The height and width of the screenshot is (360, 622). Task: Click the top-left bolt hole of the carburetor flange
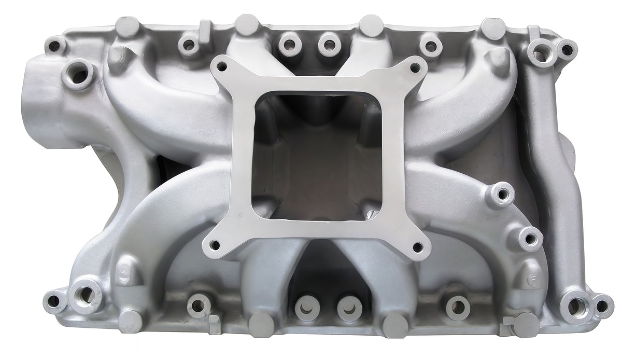pyautogui.click(x=222, y=66)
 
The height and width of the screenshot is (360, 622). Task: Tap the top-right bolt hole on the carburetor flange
pyautogui.click(x=415, y=67)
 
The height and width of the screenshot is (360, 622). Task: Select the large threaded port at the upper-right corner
pyautogui.click(x=541, y=53)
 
